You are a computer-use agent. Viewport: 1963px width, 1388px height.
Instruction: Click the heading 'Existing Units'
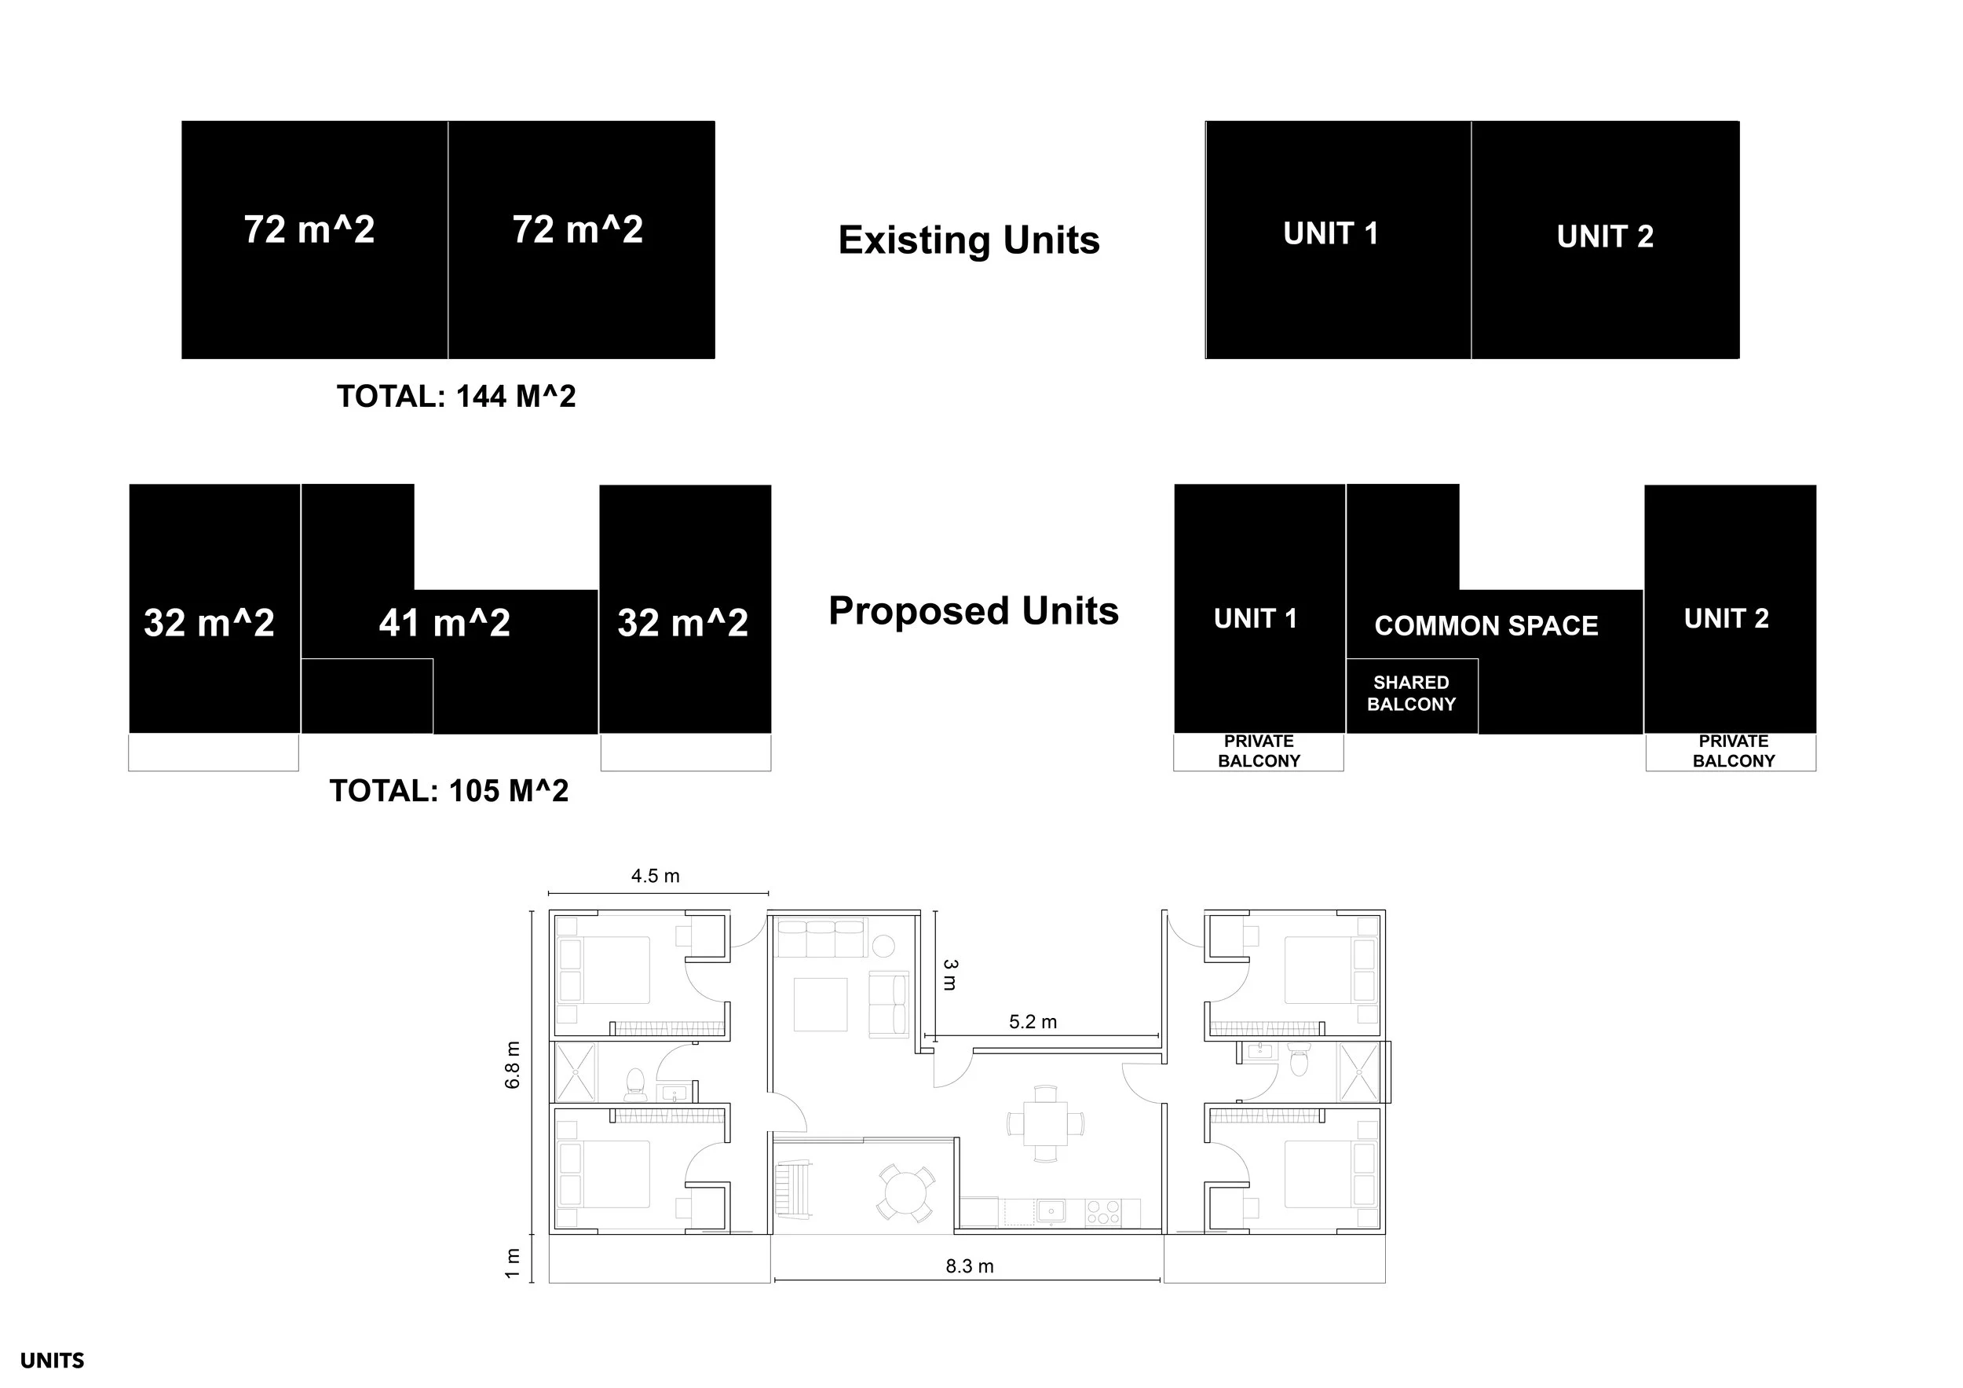pos(969,240)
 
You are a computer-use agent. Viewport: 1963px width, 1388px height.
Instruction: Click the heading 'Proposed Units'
pos(973,611)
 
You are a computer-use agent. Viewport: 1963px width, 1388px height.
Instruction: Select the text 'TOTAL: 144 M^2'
pos(455,397)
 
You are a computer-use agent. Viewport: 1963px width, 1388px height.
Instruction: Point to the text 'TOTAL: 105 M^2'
pos(449,791)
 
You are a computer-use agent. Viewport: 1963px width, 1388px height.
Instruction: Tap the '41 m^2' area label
pos(444,623)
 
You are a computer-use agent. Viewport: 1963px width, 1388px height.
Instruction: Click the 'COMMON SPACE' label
pos(1486,626)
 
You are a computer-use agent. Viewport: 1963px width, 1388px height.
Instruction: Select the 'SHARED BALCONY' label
pos(1411,694)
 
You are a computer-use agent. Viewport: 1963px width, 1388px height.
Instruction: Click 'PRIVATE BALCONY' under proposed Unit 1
pos(1259,751)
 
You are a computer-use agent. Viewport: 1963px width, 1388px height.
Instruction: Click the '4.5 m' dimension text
pos(655,876)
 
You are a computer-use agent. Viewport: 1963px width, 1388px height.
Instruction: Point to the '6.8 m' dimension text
pos(513,1064)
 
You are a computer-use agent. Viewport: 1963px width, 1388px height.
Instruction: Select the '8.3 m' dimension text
pos(970,1266)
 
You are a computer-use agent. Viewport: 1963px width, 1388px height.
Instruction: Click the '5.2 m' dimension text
pos(1033,1022)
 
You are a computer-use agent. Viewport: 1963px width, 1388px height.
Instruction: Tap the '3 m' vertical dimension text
pos(950,975)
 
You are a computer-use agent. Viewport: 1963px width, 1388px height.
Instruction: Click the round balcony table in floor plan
pos(905,1192)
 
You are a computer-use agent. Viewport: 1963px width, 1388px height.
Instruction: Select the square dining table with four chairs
pos(1045,1122)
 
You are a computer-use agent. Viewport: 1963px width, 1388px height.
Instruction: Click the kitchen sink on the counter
pos(1051,1212)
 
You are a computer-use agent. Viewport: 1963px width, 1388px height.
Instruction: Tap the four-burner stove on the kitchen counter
pos(1103,1214)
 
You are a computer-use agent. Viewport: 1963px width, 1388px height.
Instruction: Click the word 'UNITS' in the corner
pos(52,1361)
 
